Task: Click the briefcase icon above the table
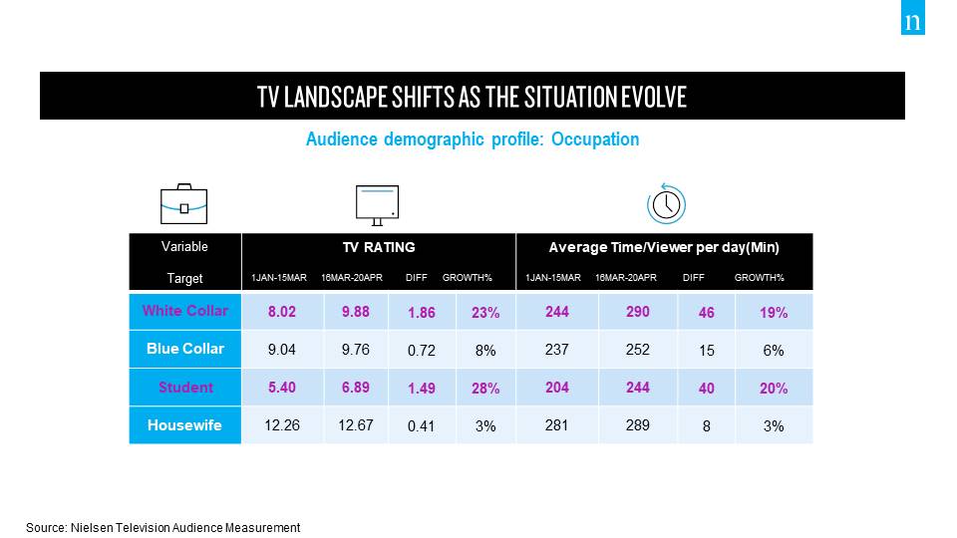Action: [x=184, y=203]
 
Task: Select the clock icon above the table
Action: [x=666, y=203]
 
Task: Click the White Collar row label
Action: [x=184, y=311]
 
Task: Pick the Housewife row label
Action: [x=184, y=425]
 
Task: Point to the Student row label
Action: [x=184, y=388]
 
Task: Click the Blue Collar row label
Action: [x=184, y=349]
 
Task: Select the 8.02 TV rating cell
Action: [x=283, y=312]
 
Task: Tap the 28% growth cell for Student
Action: [x=485, y=389]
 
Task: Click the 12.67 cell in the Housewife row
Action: [x=356, y=425]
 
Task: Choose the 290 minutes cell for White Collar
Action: [x=637, y=312]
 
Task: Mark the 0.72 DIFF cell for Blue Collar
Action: [x=422, y=351]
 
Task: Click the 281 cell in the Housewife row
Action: [x=556, y=425]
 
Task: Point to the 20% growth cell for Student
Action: [x=774, y=389]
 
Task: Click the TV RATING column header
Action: [x=378, y=247]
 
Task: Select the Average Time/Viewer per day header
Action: [x=664, y=247]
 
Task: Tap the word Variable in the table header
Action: [x=184, y=246]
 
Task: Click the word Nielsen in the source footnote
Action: [x=96, y=528]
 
